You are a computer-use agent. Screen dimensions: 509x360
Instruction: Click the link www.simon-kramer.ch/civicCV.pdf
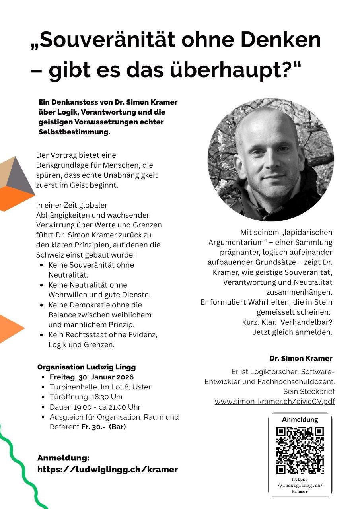274,402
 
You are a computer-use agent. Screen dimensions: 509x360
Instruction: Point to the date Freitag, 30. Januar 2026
91,377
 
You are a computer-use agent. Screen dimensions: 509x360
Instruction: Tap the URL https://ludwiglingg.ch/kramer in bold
107,469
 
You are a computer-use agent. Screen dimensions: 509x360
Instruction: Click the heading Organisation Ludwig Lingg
86,367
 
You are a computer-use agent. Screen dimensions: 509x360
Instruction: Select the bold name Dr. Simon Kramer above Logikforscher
301,358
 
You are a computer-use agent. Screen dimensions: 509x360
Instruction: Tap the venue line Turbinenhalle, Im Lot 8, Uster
100,387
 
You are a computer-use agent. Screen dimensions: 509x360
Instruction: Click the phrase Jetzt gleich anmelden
292,332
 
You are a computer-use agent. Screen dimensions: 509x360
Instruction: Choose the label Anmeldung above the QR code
300,420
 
